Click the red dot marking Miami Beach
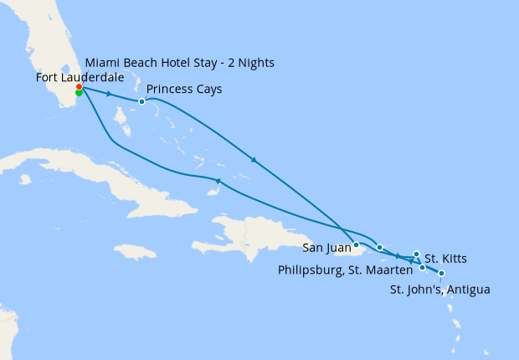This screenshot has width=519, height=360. [x=79, y=87]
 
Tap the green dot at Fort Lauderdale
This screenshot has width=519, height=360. [x=79, y=93]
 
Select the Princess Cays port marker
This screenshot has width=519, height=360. [x=142, y=102]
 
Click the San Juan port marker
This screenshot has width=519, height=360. [x=357, y=245]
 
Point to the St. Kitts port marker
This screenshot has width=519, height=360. [x=417, y=254]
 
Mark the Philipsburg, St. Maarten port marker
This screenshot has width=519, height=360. [x=423, y=267]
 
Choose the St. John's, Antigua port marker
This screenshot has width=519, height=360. [x=441, y=274]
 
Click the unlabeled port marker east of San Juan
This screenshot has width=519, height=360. [x=379, y=247]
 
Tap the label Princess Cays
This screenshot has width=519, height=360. [x=184, y=89]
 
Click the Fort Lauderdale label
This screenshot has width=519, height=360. [x=80, y=77]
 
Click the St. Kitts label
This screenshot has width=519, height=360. [x=446, y=258]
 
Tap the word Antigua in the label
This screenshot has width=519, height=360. [x=469, y=290]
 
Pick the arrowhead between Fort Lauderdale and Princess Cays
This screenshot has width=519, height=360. [x=109, y=94]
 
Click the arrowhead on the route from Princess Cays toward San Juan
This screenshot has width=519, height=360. [x=253, y=159]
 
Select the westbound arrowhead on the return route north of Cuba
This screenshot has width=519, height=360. [x=218, y=181]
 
